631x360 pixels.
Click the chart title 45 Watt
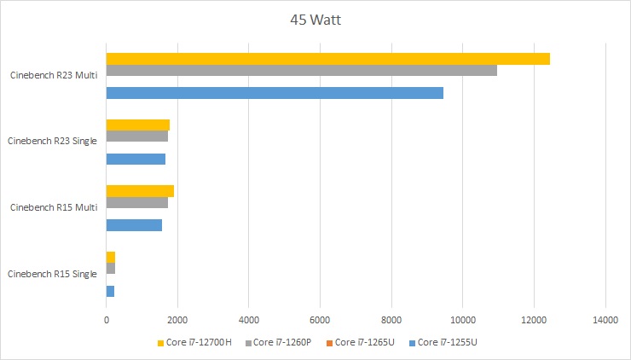(315, 19)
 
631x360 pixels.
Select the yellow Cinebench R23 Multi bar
(327, 59)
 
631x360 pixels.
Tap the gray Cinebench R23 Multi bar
(301, 70)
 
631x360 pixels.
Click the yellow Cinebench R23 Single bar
(137, 125)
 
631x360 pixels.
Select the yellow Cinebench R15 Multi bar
(140, 191)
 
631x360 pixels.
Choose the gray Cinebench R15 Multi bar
(136, 203)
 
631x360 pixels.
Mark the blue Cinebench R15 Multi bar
(134, 225)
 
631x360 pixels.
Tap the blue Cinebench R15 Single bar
(110, 291)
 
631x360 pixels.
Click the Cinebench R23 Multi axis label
(53, 75)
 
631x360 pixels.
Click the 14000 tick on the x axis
(605, 320)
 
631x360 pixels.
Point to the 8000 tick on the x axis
(391, 320)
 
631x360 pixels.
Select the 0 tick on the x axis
(107, 320)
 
